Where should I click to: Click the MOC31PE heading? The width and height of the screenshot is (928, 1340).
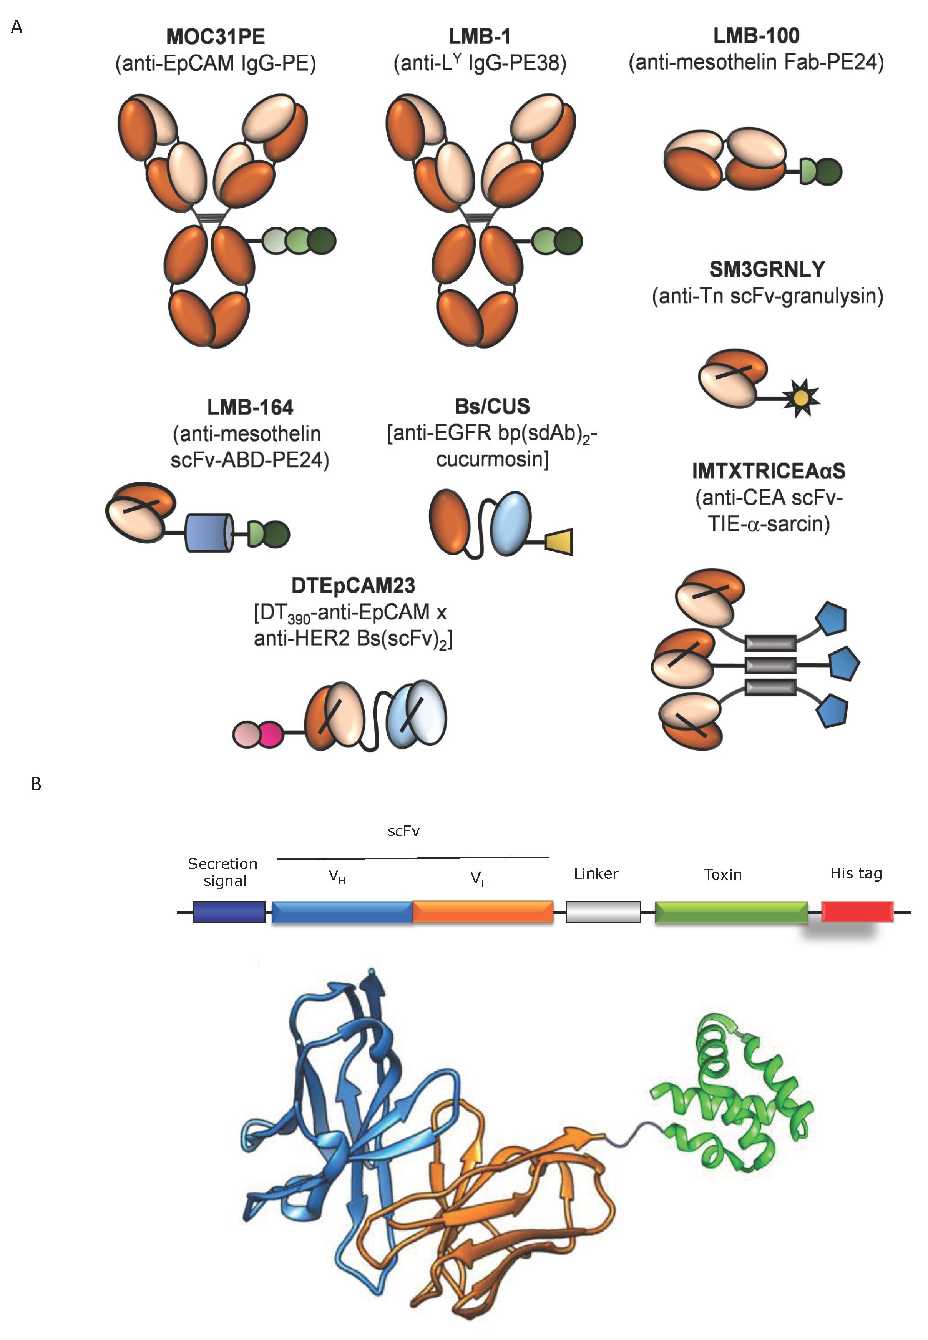click(215, 37)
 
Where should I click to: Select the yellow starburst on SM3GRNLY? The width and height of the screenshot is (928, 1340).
click(801, 398)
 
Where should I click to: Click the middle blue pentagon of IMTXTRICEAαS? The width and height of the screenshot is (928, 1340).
click(843, 664)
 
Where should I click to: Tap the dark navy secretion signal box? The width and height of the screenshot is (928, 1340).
click(229, 912)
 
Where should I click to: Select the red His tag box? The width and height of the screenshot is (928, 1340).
click(857, 911)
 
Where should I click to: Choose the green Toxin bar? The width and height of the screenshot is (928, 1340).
click(731, 912)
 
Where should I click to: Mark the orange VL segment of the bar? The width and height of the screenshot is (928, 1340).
click(483, 912)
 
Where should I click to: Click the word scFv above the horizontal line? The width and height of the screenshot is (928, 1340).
click(403, 831)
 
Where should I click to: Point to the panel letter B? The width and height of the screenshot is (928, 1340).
click(36, 784)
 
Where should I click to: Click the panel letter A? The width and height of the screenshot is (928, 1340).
click(17, 27)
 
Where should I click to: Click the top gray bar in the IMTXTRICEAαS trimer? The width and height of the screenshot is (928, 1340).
click(770, 643)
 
